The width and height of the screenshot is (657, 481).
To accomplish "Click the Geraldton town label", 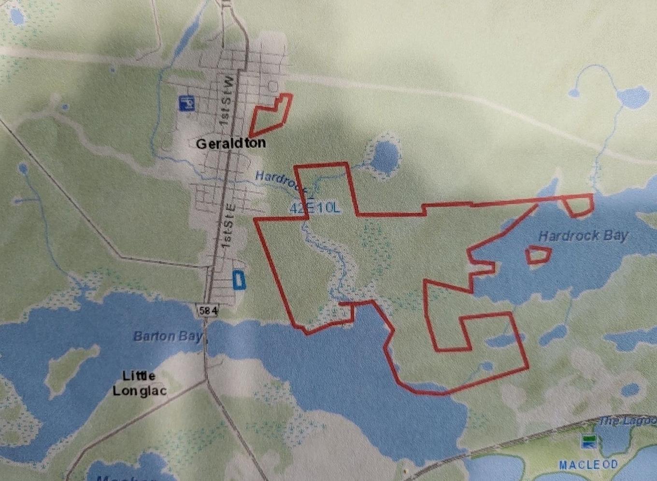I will pyautogui.click(x=230, y=143).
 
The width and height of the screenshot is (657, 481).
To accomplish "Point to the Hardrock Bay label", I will pyautogui.click(x=583, y=236).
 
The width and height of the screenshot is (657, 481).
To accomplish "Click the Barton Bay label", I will pyautogui.click(x=167, y=336).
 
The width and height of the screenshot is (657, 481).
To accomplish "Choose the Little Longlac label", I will pyautogui.click(x=139, y=383).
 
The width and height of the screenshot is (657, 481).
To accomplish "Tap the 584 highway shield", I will pyautogui.click(x=208, y=311).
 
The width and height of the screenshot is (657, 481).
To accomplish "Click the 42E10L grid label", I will pyautogui.click(x=315, y=208).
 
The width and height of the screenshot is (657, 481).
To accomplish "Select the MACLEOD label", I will pyautogui.click(x=588, y=465).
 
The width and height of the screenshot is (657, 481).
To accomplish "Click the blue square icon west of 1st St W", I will pyautogui.click(x=186, y=103).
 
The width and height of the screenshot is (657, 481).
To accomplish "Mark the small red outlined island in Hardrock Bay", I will pyautogui.click(x=538, y=255).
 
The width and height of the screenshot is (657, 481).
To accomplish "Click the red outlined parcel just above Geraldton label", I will pyautogui.click(x=270, y=115).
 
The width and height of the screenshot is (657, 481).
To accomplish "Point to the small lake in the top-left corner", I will pyautogui.click(x=17, y=17).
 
